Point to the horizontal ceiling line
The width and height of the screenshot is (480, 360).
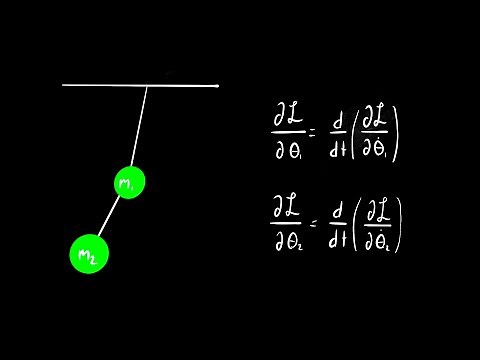[100, 86]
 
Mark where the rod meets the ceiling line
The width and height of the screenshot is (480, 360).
[148, 86]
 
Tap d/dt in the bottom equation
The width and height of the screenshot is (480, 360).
[338, 227]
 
